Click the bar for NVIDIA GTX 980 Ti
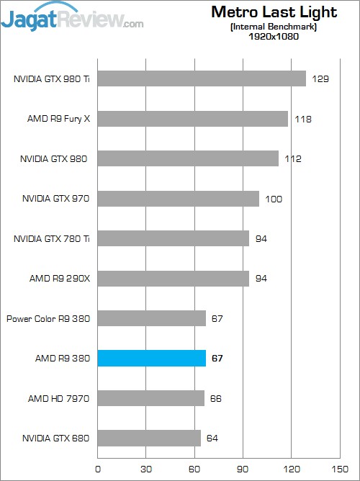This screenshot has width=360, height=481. [x=202, y=78]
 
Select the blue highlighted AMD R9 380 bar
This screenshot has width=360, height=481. [x=151, y=358]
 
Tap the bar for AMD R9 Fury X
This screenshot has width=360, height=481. [x=193, y=118]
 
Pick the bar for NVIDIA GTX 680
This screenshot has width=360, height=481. [x=149, y=438]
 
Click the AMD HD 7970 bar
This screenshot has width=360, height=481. [x=150, y=398]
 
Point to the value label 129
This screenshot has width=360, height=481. [x=320, y=78]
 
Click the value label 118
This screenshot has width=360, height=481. [x=302, y=119]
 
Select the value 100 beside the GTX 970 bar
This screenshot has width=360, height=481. [x=274, y=199]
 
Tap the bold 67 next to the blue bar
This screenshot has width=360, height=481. [x=217, y=358]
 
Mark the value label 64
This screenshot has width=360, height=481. [x=212, y=438]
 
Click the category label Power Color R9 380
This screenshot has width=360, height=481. [x=48, y=318]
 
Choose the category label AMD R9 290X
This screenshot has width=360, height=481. [x=58, y=278]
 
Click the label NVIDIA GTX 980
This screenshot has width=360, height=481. [x=55, y=158]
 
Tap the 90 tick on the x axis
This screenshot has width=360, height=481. [x=243, y=468]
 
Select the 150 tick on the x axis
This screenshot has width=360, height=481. [x=338, y=468]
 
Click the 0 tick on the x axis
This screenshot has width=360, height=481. [x=98, y=468]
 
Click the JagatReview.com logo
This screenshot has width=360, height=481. [x=72, y=17]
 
